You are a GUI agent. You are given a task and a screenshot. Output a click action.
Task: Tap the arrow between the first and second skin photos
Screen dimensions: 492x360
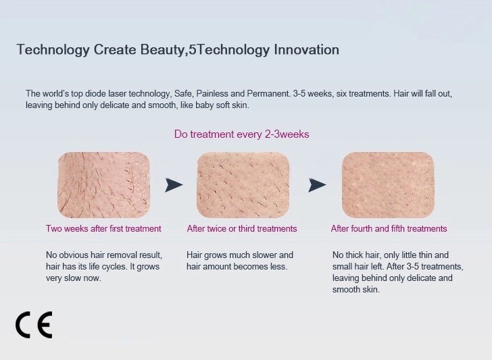click(174, 185)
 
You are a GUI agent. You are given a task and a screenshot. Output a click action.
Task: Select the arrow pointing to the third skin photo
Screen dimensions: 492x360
click(317, 185)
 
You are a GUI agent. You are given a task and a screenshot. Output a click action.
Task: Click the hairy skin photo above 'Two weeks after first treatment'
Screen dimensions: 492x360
click(103, 185)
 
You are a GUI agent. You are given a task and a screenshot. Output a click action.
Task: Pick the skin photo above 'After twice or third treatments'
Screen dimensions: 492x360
click(243, 185)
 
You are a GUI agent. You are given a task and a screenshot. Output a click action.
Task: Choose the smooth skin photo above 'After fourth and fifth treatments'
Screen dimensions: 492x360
click(388, 185)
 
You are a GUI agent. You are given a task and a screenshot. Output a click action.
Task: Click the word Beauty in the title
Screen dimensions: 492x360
click(162, 50)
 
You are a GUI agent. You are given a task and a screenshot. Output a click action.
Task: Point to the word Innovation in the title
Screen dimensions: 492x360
click(306, 49)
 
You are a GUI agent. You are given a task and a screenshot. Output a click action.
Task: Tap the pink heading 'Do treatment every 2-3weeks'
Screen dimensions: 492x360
click(242, 134)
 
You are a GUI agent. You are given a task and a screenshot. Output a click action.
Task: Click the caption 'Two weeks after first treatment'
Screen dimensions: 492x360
click(103, 228)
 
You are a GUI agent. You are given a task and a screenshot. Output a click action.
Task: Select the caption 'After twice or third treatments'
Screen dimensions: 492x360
click(242, 228)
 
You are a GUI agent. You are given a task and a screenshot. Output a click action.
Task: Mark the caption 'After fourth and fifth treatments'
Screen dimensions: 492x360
click(389, 228)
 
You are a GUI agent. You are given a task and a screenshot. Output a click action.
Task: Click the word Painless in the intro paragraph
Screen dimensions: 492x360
click(212, 93)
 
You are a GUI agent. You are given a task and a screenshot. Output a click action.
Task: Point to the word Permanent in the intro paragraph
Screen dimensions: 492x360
click(268, 93)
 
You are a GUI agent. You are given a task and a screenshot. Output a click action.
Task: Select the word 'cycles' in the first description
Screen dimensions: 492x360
click(116, 267)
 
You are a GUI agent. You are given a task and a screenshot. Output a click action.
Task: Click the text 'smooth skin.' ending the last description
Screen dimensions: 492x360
click(356, 290)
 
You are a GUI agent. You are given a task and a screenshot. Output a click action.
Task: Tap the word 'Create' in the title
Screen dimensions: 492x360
click(115, 49)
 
